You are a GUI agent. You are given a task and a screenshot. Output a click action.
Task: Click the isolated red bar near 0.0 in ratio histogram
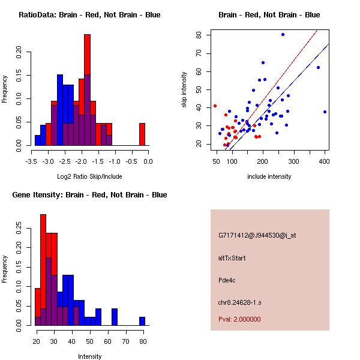pos(142,134)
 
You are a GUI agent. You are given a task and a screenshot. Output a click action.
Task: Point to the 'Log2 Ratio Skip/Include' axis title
pos(89,176)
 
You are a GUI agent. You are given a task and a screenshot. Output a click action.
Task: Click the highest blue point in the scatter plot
pos(283,35)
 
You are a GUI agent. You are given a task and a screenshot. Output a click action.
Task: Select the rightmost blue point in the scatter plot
pos(325,112)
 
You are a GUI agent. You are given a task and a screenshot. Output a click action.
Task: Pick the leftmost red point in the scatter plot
pos(215,106)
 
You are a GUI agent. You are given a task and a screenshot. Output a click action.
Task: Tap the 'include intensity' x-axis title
pos(269,176)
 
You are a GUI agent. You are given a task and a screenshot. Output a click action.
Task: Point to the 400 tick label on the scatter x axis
pos(325,161)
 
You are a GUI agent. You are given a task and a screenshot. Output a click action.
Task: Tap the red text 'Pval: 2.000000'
pos(239,319)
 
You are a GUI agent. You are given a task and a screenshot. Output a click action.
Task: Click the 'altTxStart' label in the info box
pos(232,258)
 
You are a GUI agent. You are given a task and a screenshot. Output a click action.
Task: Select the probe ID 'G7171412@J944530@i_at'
pos(257,235)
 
